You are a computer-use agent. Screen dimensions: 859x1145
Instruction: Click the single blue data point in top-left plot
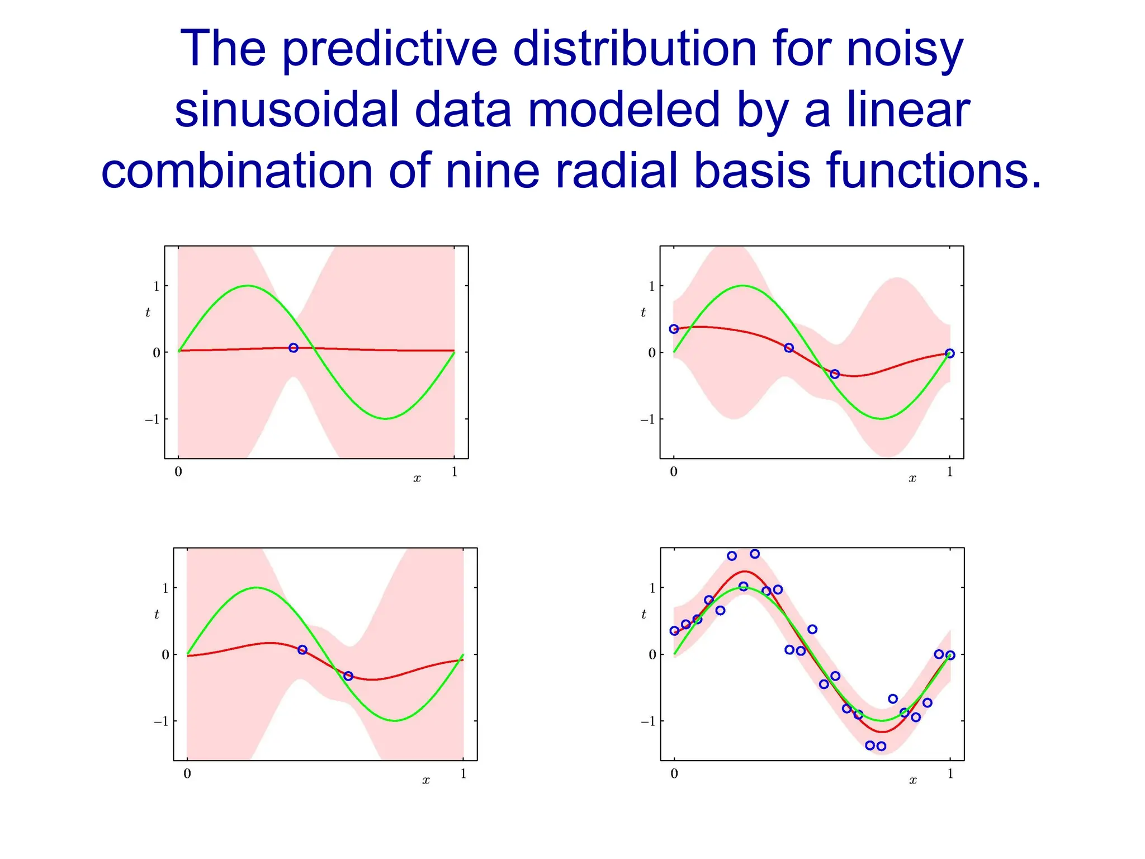[293, 348]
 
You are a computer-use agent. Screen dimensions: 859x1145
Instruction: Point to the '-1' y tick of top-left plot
[152, 419]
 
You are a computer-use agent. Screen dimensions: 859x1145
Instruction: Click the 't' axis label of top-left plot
[148, 313]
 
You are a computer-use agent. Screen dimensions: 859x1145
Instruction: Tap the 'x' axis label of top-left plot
[417, 478]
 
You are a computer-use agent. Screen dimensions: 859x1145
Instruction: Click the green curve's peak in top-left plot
[248, 286]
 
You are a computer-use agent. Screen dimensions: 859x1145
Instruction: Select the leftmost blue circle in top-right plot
[674, 329]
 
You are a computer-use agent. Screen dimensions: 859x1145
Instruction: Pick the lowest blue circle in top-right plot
[834, 374]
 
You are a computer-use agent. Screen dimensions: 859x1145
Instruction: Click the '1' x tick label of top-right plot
[949, 472]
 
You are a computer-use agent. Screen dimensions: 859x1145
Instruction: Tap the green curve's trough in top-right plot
[881, 418]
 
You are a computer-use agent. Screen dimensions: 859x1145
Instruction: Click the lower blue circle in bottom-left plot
[348, 676]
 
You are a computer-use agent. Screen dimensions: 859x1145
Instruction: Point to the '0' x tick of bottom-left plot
[187, 774]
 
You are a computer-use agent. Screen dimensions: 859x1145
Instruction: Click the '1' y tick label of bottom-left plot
[165, 588]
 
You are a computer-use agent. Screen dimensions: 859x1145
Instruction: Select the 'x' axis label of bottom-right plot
[912, 780]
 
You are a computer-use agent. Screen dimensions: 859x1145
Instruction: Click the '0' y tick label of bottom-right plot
[652, 654]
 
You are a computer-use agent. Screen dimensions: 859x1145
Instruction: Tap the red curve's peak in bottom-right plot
[744, 572]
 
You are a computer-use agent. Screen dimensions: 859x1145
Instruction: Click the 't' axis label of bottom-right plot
[644, 615]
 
